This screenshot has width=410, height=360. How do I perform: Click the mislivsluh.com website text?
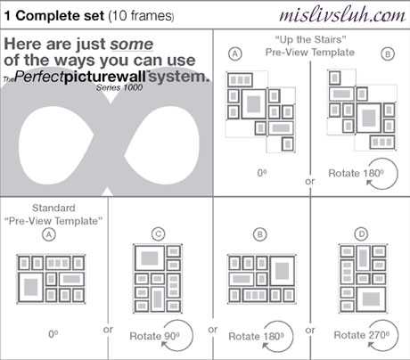click(x=342, y=15)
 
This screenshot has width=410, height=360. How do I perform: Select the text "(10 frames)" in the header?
click(x=141, y=16)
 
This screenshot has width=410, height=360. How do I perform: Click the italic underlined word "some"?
click(x=132, y=45)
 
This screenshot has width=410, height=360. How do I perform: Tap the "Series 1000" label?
click(x=119, y=87)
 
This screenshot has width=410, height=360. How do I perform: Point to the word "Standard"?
click(x=53, y=208)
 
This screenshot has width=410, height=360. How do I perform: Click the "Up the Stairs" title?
click(x=310, y=39)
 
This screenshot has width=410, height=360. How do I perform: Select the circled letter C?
click(x=158, y=234)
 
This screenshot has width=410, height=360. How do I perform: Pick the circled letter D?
click(x=361, y=234)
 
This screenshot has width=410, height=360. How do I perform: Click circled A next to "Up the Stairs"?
click(x=235, y=53)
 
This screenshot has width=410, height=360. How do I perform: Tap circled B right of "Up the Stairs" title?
click(x=388, y=54)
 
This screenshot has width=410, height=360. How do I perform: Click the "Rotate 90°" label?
click(x=154, y=336)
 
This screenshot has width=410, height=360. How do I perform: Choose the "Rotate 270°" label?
click(x=361, y=335)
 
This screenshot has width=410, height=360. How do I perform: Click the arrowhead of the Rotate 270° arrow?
click(x=370, y=345)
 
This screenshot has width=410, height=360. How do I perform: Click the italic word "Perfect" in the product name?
click(x=39, y=77)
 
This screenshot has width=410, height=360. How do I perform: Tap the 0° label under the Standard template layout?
click(x=53, y=334)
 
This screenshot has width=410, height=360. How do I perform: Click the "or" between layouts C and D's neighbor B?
click(x=213, y=330)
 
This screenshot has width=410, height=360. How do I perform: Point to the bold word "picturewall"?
click(x=105, y=77)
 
